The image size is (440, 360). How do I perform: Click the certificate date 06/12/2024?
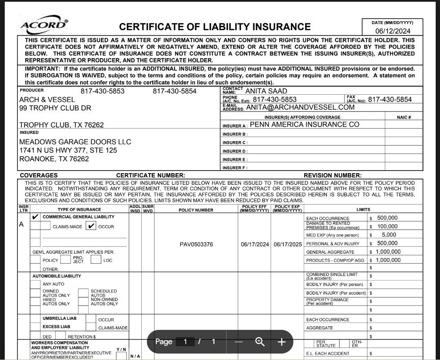click(393, 31)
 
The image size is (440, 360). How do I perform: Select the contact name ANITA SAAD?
click(266, 91)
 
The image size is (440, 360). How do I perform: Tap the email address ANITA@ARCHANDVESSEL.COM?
click(300, 108)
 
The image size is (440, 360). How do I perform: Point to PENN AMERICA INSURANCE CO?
click(304, 125)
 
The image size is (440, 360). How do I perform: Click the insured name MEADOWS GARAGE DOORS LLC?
click(75, 142)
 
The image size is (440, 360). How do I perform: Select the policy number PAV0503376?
click(196, 245)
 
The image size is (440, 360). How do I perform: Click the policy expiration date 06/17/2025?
click(288, 245)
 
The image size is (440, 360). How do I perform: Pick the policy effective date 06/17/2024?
click(255, 245)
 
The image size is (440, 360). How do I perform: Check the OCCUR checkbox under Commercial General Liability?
click(90, 226)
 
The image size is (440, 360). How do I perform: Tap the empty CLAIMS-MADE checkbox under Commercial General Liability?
click(45, 226)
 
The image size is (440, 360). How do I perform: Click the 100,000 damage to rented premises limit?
click(387, 227)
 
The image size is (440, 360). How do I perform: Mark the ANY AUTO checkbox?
click(35, 284)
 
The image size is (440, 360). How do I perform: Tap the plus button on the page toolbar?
click(281, 342)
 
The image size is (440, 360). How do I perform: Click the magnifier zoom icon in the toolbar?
click(260, 342)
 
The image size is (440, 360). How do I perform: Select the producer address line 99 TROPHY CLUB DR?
click(55, 108)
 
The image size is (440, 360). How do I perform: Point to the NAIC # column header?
click(403, 117)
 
